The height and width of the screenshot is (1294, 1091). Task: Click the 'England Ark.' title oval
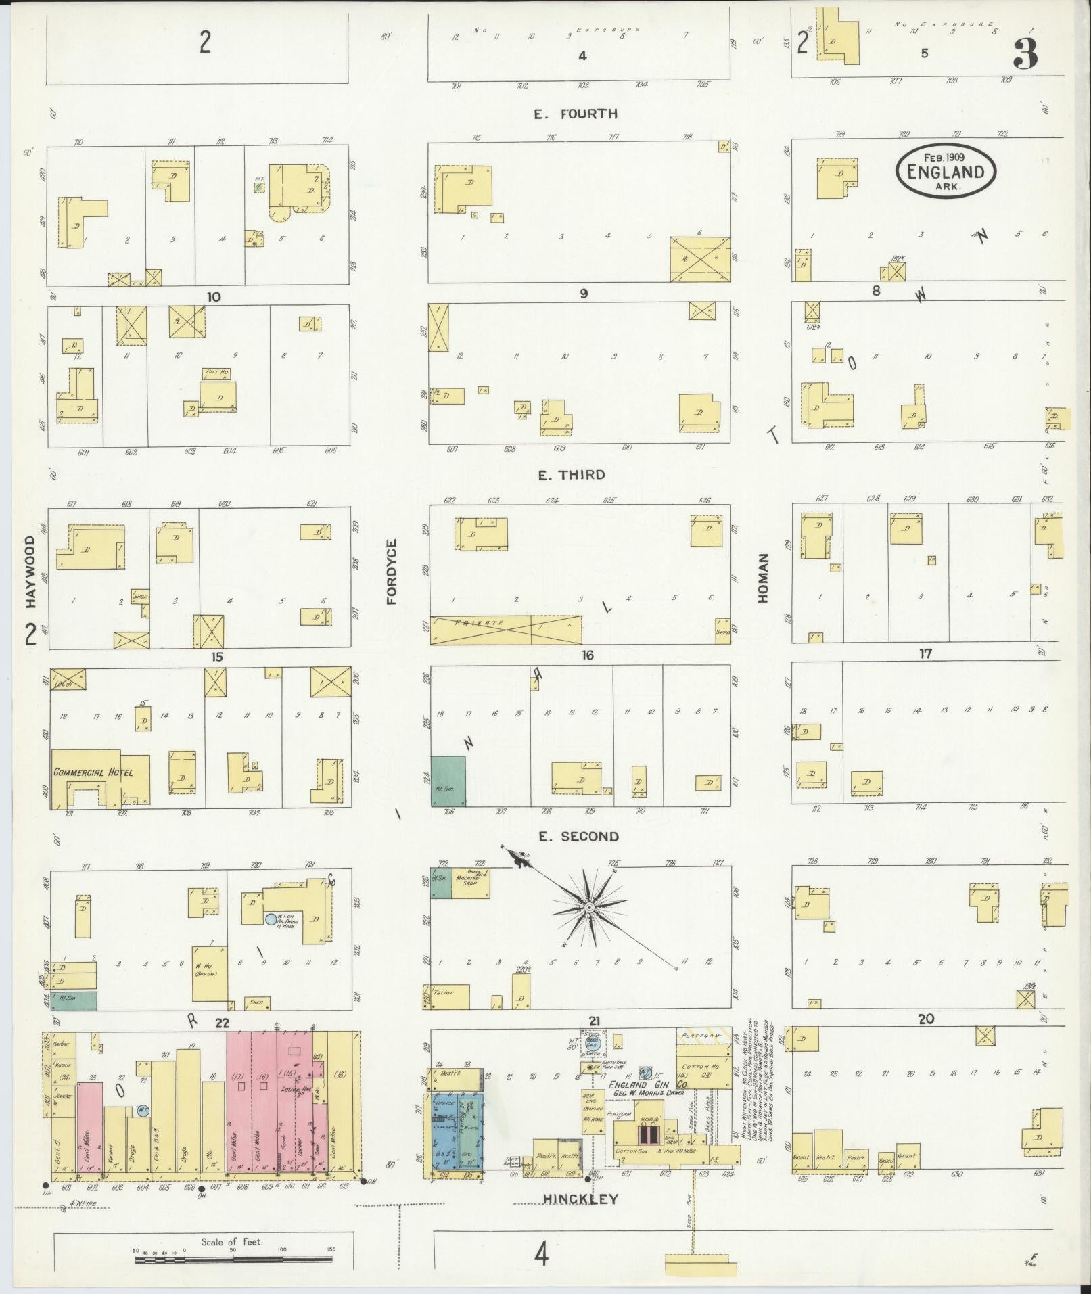pos(946,172)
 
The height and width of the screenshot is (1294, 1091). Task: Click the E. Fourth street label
pos(576,114)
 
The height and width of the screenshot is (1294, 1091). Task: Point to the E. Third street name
pos(572,475)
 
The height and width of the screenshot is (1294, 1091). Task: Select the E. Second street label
pos(578,837)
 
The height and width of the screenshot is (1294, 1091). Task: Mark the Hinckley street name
pos(581,1199)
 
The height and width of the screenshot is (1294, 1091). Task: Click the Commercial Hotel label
pos(93,772)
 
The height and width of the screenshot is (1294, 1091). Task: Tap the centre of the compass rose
pos(589,906)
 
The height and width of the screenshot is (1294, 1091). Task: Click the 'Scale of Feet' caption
pos(231,1242)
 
